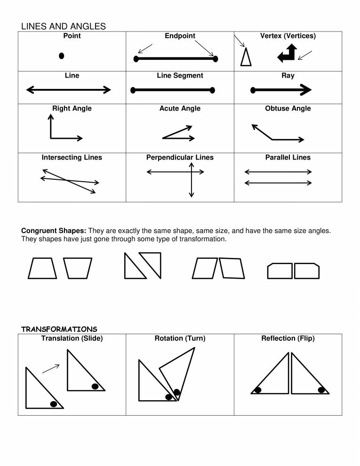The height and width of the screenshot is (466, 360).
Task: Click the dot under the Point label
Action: coord(61,56)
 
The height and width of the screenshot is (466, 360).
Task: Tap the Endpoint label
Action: coord(180,36)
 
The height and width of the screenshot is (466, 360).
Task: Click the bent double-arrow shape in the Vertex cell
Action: coord(288,54)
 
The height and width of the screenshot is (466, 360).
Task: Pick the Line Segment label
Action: coord(180,75)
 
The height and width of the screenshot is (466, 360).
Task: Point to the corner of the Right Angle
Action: coord(51,138)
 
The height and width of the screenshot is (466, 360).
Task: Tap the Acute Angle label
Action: coord(180,108)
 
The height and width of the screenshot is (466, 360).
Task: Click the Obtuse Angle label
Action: coord(288,108)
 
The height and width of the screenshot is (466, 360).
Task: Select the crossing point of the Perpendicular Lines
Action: coord(191,172)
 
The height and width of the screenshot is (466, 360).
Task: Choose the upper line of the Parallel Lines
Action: coord(278,172)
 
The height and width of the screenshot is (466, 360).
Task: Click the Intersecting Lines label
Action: coord(72,157)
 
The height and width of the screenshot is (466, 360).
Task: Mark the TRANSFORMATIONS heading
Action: coord(59,329)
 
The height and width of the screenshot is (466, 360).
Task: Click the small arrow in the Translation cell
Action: coord(51,369)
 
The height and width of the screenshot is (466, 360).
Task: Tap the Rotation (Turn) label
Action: coord(180,338)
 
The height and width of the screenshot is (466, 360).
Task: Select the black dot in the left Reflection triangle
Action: coord(257,389)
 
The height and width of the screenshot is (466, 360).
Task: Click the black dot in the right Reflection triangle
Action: coord(321,389)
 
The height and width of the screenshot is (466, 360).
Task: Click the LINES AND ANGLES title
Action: coord(64,27)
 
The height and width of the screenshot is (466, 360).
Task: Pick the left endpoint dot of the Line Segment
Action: coord(133,89)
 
